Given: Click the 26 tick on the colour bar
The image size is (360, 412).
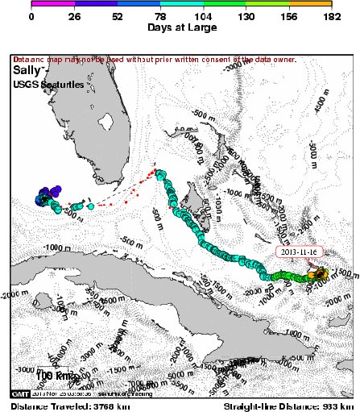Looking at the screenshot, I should (x=74, y=15).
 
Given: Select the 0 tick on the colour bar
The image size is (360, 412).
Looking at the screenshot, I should (x=31, y=15).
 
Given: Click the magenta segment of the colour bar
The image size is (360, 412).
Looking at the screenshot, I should (x=52, y=5).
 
